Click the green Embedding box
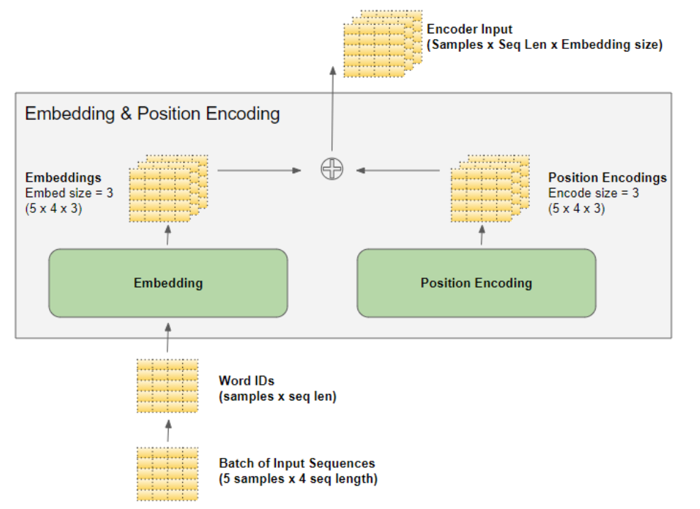click(168, 283)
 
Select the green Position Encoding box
click(476, 283)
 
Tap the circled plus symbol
click(331, 169)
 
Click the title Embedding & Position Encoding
click(152, 114)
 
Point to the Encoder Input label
click(469, 30)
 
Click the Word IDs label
click(246, 381)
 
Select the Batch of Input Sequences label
click(296, 464)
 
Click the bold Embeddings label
click(63, 177)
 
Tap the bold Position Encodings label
click(607, 177)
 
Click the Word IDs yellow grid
click(167, 386)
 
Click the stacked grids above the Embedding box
click(168, 188)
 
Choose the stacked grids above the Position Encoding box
click(489, 188)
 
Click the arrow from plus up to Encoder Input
click(331, 110)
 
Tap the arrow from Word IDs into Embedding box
click(167, 339)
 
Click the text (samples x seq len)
click(277, 397)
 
